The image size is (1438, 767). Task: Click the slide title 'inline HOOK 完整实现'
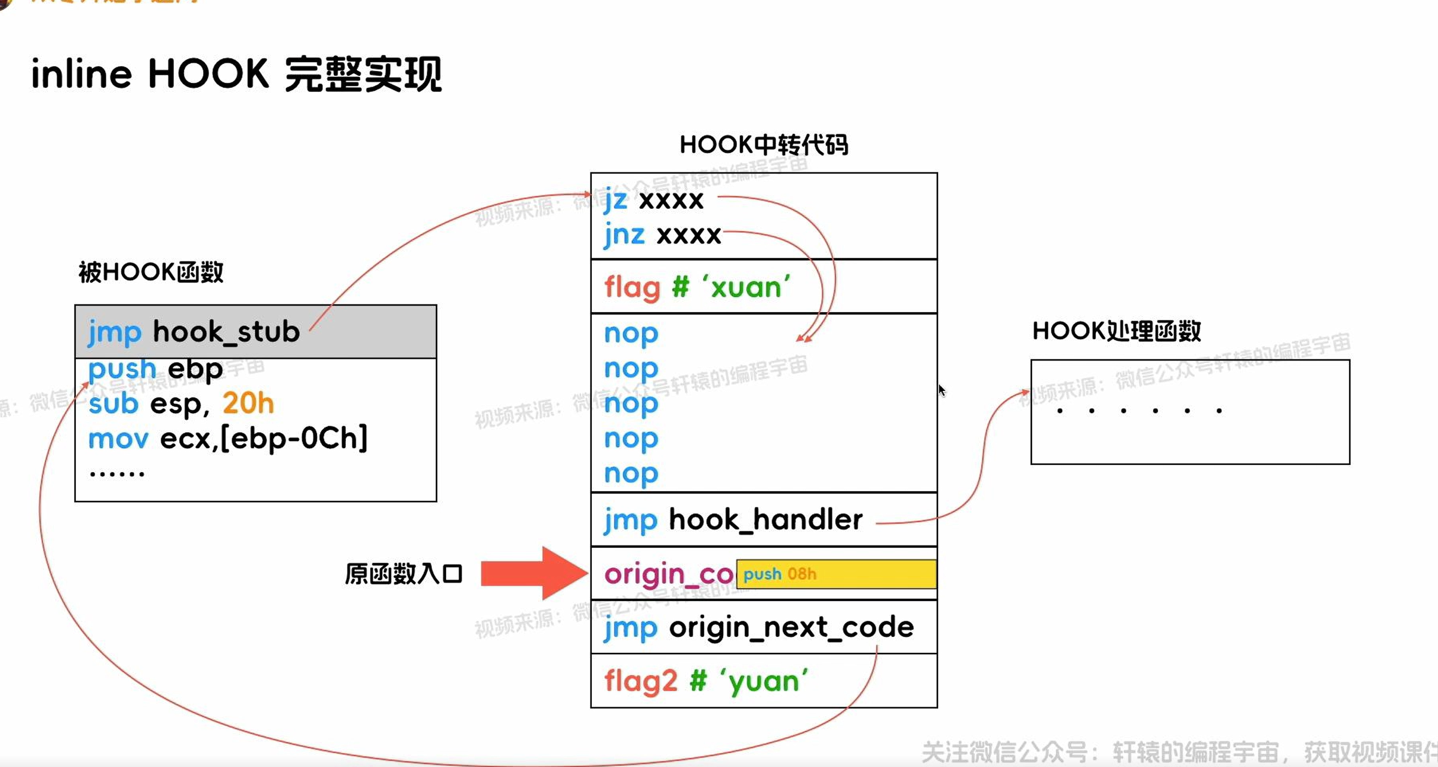(236, 75)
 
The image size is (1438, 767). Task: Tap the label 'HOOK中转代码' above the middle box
(763, 144)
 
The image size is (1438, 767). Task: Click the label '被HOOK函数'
(151, 272)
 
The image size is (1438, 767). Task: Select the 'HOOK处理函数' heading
(1116, 331)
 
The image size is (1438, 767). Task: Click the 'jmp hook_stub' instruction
(194, 332)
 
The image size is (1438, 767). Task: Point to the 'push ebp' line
(155, 369)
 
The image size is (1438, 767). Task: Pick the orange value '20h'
(248, 404)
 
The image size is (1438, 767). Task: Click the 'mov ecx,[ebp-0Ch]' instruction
(228, 439)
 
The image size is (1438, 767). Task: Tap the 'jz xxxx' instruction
(653, 200)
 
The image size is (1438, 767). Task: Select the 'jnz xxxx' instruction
(662, 235)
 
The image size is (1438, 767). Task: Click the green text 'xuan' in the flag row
(746, 288)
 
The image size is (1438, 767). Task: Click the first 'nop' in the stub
(631, 334)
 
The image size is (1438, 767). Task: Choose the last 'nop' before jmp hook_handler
(631, 474)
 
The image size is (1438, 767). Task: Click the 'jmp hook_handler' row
(733, 520)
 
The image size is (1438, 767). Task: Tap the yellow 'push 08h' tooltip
(835, 574)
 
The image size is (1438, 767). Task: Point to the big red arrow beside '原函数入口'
(533, 573)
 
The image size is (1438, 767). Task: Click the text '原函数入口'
(404, 574)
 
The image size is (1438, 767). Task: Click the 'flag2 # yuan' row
(706, 681)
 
